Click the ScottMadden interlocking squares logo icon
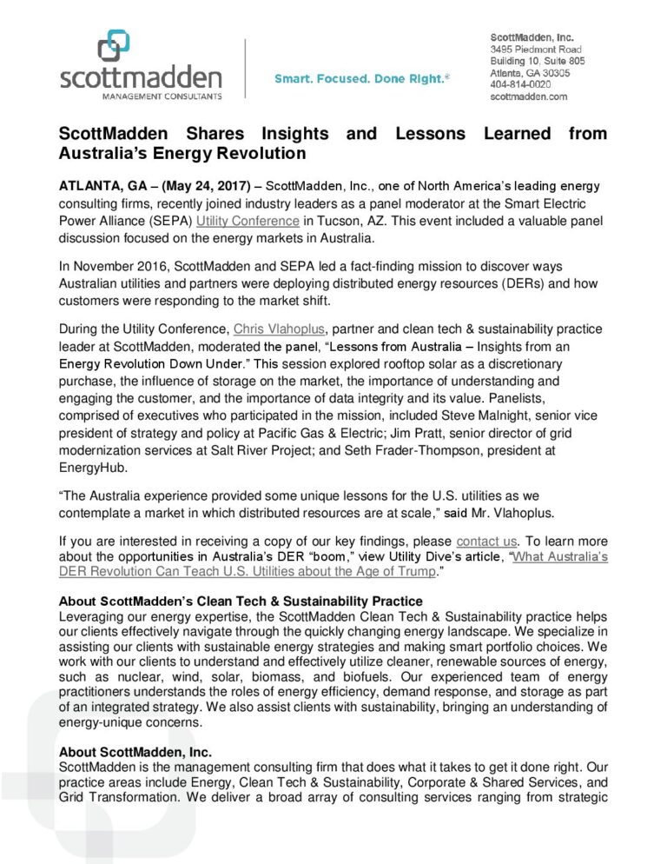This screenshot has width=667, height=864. pos(114,45)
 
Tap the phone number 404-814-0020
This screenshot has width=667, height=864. pos(519,85)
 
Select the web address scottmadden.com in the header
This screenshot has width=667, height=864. pos(528,97)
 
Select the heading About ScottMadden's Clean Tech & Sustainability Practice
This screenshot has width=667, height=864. pos(240,601)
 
